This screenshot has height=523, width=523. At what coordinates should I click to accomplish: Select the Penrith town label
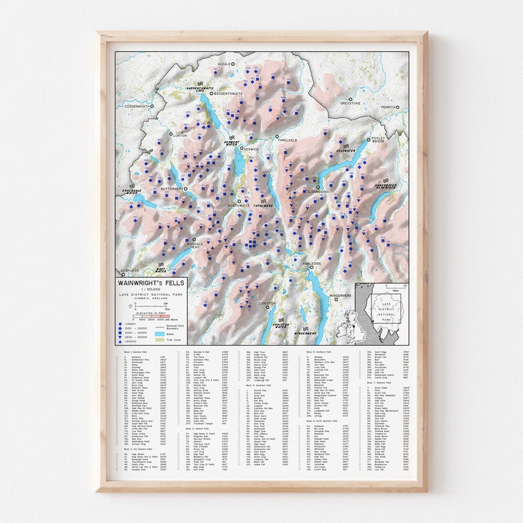[389, 107]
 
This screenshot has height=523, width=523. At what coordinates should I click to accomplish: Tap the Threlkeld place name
[288, 140]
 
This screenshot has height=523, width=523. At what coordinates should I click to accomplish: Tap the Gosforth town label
[129, 271]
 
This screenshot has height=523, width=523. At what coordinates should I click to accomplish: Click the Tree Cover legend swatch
[159, 341]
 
